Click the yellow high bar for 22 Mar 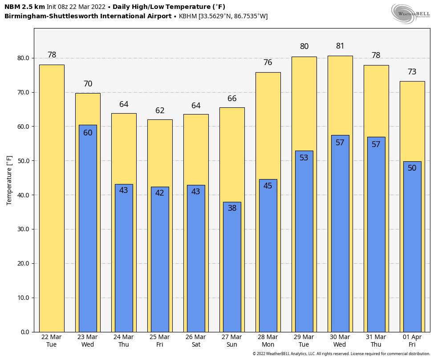coord(52,198)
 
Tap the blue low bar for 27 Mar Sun coord(232,267)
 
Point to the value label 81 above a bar coord(340,46)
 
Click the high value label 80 coord(304,47)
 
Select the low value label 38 coord(232,208)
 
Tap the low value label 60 coord(88,133)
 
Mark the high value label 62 coord(160,111)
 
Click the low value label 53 coord(304,158)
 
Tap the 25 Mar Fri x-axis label coord(160,341)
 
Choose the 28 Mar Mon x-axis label coord(268,341)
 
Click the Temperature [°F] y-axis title coord(10,180)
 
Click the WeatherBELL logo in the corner coord(410,14)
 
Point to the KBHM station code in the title coord(188,16)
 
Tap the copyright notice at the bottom coord(341,354)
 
